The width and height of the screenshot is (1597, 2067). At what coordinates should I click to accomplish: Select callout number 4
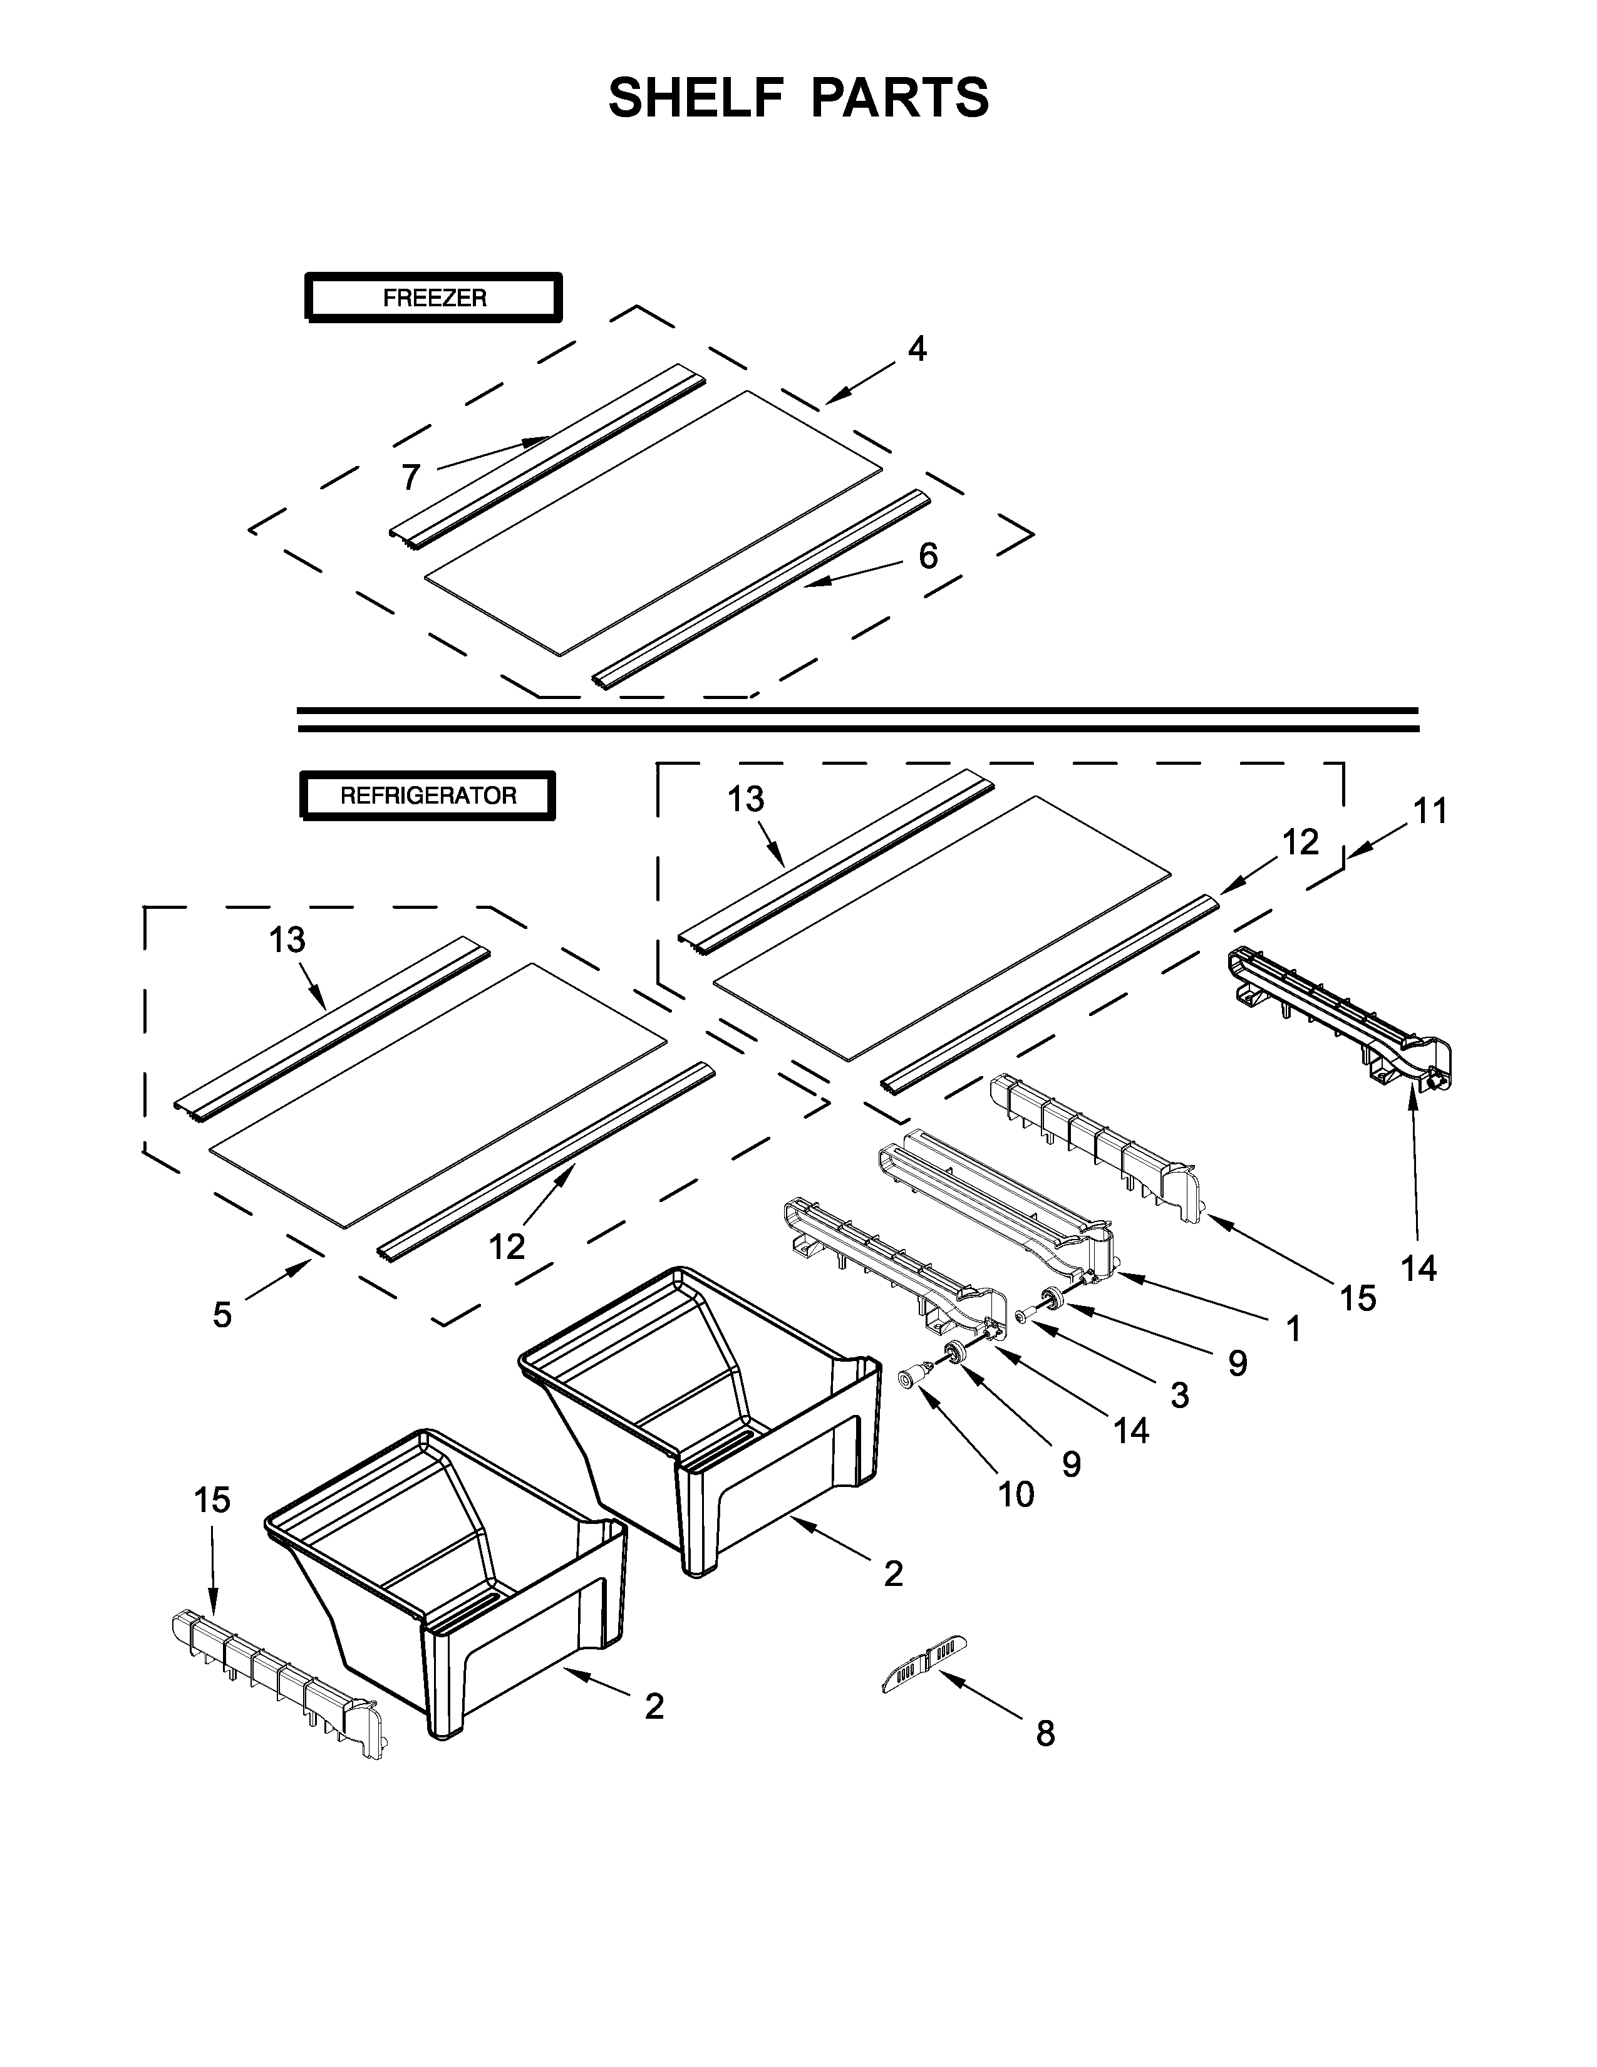pyautogui.click(x=917, y=350)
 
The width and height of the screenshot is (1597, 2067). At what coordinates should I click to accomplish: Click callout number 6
pyautogui.click(x=928, y=556)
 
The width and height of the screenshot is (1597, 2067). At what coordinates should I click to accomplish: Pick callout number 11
pyautogui.click(x=1430, y=811)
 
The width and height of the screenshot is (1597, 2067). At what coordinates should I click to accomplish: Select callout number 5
pyautogui.click(x=221, y=1315)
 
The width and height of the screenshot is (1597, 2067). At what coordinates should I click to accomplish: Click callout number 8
pyautogui.click(x=1045, y=1734)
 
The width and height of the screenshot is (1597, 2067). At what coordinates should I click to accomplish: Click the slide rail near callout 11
pyautogui.click(x=1343, y=1022)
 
